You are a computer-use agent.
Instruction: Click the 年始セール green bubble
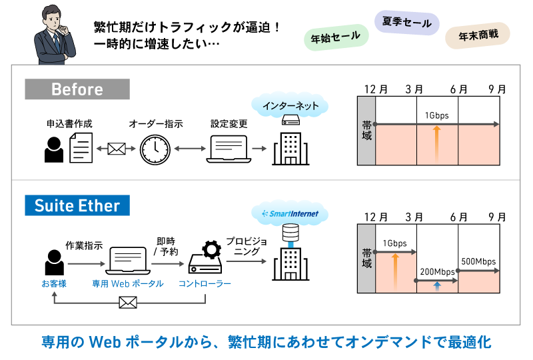pos(336,36)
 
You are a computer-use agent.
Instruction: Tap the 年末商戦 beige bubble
pos(478,36)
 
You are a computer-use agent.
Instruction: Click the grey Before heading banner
pos(77,89)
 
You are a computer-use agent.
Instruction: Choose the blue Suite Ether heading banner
pos(77,204)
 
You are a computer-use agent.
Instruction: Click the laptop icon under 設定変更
pos(229,149)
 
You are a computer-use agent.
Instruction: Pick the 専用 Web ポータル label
pos(127,283)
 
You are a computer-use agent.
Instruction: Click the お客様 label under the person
pos(53,283)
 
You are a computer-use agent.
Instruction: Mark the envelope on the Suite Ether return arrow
pos(127,304)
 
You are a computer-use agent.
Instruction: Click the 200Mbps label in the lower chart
pos(437,272)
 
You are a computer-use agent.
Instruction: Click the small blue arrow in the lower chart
pos(436,285)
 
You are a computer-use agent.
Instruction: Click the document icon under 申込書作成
pos(80,147)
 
